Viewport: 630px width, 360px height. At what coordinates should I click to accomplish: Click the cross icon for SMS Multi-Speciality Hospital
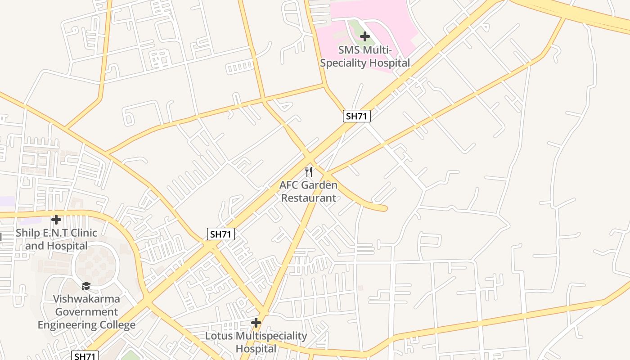[365, 36]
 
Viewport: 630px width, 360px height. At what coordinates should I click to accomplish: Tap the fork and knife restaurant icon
[309, 171]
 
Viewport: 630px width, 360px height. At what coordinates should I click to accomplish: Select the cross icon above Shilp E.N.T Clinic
[56, 220]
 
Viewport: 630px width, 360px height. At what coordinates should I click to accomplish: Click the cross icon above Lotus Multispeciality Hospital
[256, 323]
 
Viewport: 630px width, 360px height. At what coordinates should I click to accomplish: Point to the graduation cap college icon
[86, 286]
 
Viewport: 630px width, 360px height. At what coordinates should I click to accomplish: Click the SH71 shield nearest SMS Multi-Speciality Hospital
[357, 116]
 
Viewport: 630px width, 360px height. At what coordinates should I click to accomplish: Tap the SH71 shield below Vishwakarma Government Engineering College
[85, 356]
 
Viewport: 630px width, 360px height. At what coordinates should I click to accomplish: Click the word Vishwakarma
[87, 299]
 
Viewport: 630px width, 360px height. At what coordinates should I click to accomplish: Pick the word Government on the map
[87, 312]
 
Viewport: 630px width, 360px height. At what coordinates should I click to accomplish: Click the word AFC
[289, 185]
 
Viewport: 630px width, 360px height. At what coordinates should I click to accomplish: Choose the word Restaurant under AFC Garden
[309, 198]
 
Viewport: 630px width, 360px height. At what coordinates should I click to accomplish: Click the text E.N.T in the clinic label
[58, 233]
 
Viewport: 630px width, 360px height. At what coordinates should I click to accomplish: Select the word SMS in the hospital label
[349, 50]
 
